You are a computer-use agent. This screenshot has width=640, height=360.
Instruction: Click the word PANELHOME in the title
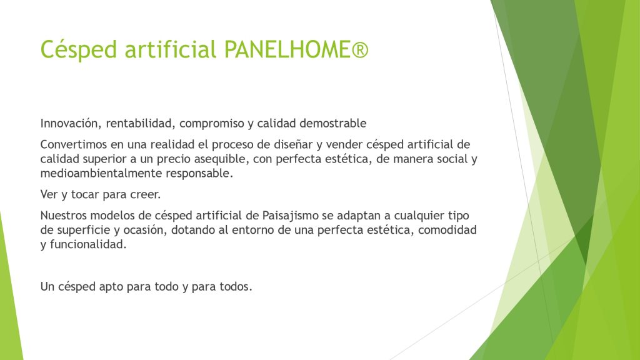[287, 49]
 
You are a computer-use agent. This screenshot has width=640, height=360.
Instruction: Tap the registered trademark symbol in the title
[359, 50]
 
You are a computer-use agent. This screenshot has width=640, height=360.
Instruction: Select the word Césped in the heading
[79, 50]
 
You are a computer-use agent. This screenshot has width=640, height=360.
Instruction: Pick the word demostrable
[332, 123]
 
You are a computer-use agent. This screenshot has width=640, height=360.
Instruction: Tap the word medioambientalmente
[101, 173]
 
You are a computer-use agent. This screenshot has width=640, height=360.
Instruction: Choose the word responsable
[199, 174]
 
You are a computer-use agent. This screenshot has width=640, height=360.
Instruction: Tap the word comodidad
[447, 230]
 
